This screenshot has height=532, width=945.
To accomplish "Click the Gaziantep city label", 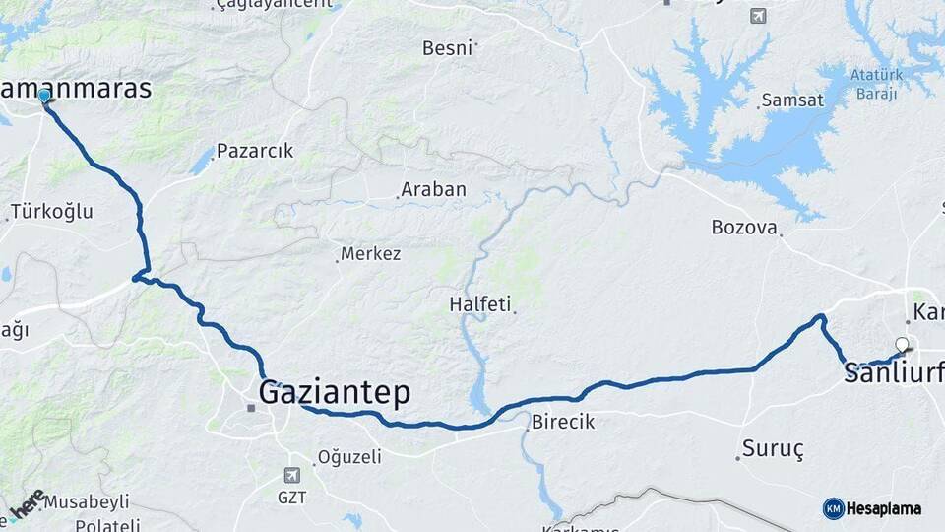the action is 334,393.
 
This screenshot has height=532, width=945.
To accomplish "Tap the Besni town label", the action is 447,47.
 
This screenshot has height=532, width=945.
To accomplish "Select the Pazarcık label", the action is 255,151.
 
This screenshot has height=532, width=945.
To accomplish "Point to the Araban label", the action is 433,189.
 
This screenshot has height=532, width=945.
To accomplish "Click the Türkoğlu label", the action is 51,211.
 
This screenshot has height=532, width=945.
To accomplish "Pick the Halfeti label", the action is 480,304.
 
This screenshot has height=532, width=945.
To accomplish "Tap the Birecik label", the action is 563,422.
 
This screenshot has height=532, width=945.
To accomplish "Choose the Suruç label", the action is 773,450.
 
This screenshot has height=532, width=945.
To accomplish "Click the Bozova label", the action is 744,228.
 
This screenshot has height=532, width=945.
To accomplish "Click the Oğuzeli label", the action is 348,457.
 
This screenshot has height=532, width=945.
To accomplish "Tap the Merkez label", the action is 370,254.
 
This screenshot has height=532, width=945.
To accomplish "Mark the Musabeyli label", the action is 87,501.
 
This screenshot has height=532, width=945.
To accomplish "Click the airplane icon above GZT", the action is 291,475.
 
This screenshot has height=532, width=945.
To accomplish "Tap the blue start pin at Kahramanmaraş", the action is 44,97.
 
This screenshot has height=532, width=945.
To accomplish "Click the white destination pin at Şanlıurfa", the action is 901,346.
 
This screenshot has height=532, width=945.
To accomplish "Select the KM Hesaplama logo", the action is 872,508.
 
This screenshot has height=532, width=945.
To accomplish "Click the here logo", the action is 27,505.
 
